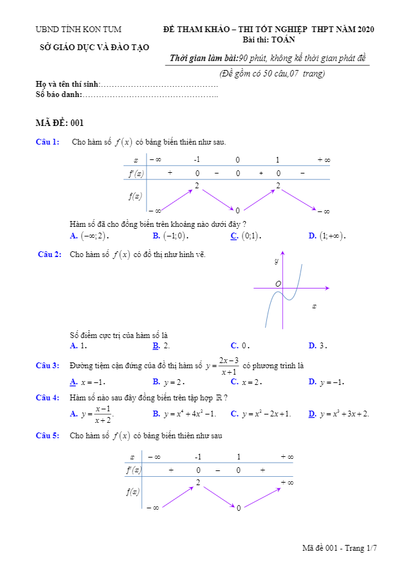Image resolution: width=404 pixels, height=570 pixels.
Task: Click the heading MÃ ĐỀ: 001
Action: tap(60, 123)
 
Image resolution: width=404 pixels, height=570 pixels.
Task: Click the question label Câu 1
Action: tap(48, 142)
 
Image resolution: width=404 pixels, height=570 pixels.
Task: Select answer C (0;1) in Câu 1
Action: tap(247, 236)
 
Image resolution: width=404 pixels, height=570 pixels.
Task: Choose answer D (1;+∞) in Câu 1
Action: tap(327, 236)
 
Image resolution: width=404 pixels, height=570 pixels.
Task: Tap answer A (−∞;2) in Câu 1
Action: tap(90, 236)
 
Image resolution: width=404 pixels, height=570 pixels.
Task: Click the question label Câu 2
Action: tap(50, 254)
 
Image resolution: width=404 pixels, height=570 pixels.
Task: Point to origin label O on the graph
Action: tap(278, 283)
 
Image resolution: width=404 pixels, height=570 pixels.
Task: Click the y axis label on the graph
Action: tap(276, 261)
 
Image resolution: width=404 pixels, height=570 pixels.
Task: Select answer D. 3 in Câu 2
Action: tap(318, 346)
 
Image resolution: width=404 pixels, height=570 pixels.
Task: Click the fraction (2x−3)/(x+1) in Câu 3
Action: tap(228, 366)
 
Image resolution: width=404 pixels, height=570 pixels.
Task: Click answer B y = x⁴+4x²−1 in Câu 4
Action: tap(185, 413)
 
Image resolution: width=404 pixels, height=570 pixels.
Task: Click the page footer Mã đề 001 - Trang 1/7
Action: tap(339, 548)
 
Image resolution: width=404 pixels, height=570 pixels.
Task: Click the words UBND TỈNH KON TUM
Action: tap(78, 30)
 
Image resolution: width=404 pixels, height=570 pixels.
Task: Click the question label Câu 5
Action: tap(48, 436)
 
